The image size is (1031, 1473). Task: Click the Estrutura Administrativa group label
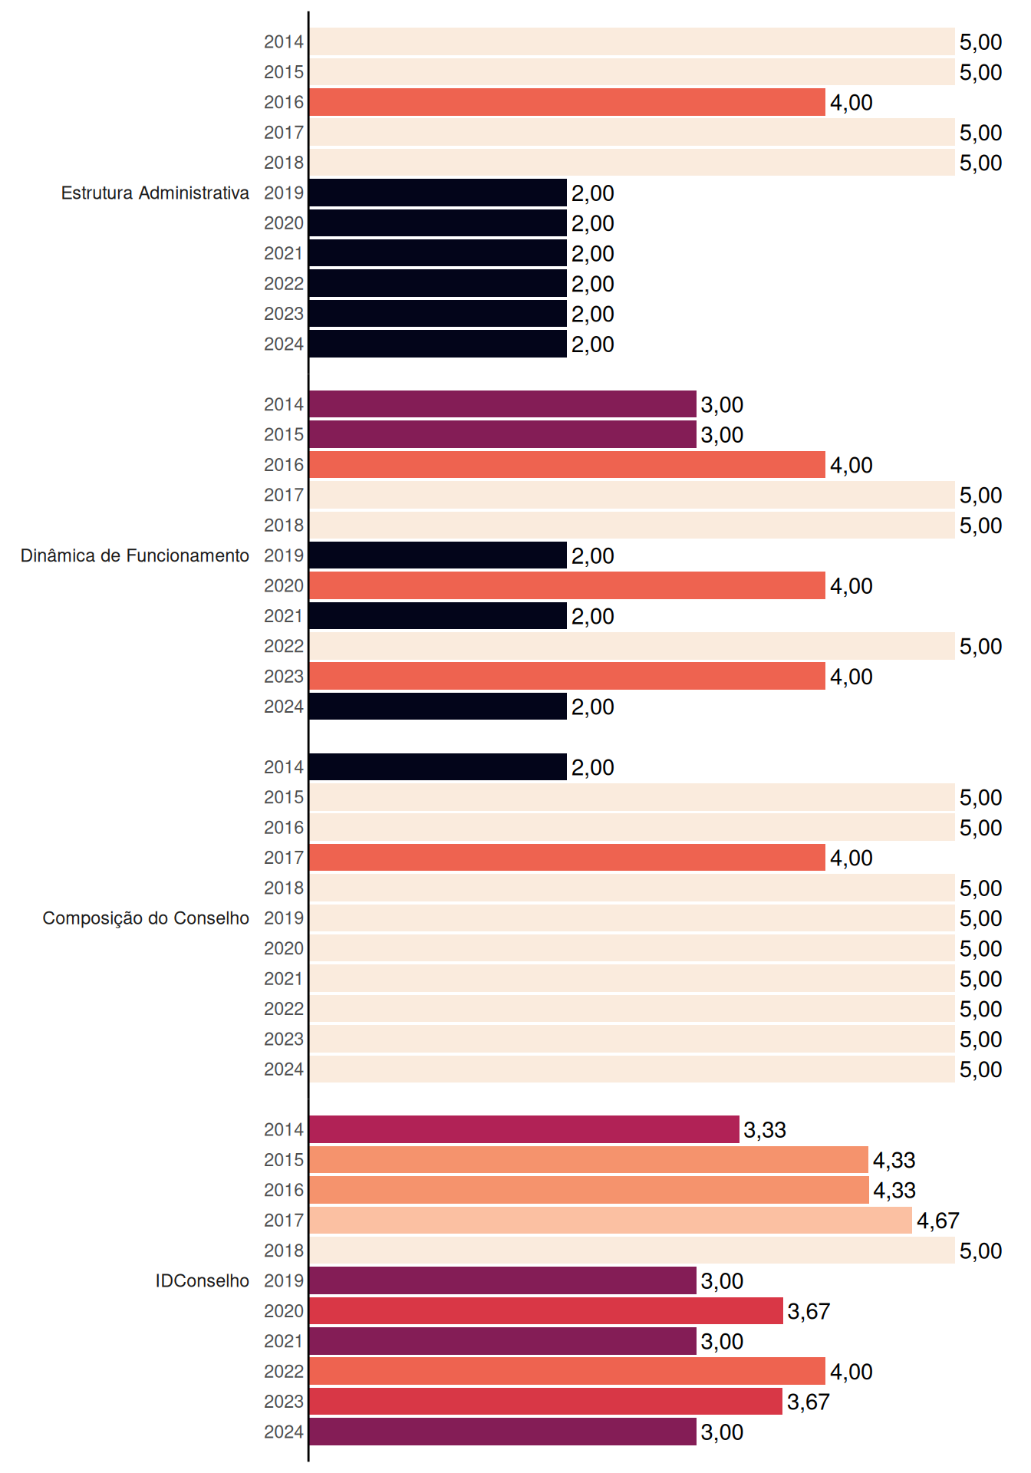155,193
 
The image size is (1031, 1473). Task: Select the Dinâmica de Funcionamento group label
135,555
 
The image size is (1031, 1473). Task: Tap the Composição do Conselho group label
146,918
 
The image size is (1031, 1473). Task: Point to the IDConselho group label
203,1280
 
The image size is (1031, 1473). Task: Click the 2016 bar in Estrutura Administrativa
568,102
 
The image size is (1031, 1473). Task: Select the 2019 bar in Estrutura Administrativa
438,193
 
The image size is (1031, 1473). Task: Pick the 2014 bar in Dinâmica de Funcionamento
503,404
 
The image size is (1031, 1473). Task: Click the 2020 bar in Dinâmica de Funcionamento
568,585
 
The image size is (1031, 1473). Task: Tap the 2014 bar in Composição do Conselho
438,767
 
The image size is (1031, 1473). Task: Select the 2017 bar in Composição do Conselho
568,858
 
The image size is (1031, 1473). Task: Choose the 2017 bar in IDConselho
611,1220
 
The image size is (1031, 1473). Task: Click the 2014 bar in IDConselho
525,1129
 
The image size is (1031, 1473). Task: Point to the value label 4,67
938,1221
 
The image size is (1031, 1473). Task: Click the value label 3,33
765,1130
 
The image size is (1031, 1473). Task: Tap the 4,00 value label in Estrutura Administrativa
851,103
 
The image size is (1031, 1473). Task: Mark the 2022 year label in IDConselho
284,1371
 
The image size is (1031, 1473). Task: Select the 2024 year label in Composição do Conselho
284,1069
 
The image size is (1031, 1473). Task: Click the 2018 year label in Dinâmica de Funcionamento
284,525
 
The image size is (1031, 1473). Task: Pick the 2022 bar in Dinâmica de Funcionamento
632,646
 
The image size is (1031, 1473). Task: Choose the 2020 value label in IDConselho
809,1311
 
